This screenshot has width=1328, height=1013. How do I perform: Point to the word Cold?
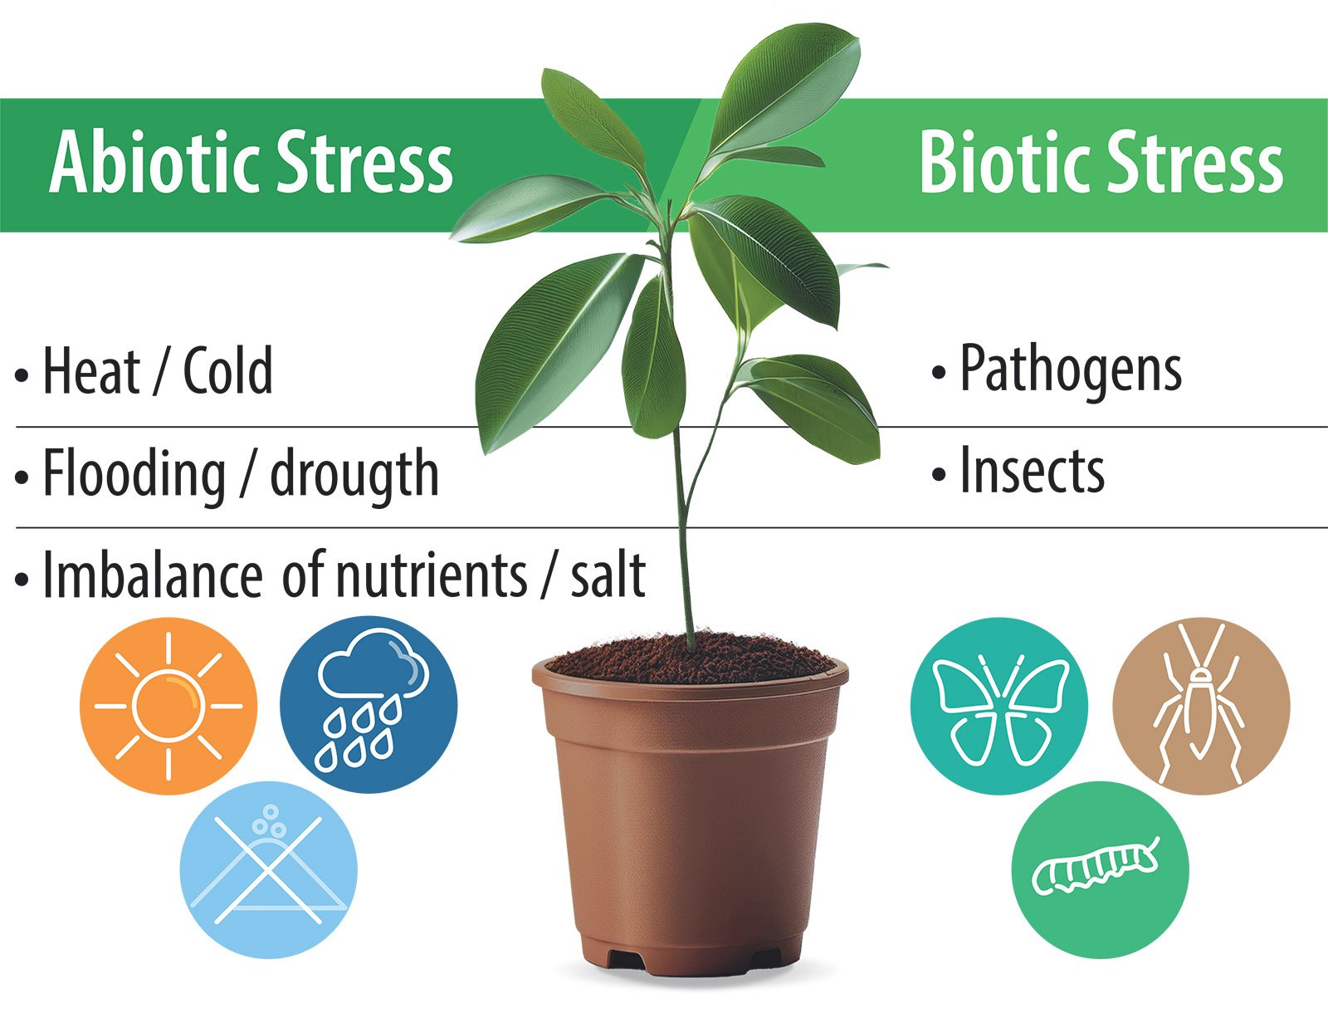[x=227, y=370]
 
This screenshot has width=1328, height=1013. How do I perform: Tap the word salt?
[x=608, y=575]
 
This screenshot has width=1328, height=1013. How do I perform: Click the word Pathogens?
[x=1071, y=370]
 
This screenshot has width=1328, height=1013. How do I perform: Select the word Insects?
[x=1033, y=470]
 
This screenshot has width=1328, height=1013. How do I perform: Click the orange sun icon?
[x=168, y=706]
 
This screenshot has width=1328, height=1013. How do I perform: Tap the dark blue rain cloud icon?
[x=369, y=704]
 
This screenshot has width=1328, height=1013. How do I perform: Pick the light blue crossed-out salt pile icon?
[x=269, y=870]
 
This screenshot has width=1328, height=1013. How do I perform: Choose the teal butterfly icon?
[x=999, y=706]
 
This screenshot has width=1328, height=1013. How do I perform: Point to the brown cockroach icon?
[x=1202, y=706]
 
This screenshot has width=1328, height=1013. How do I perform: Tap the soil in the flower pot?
[x=690, y=658]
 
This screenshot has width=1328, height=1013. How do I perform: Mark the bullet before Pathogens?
[x=939, y=371]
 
